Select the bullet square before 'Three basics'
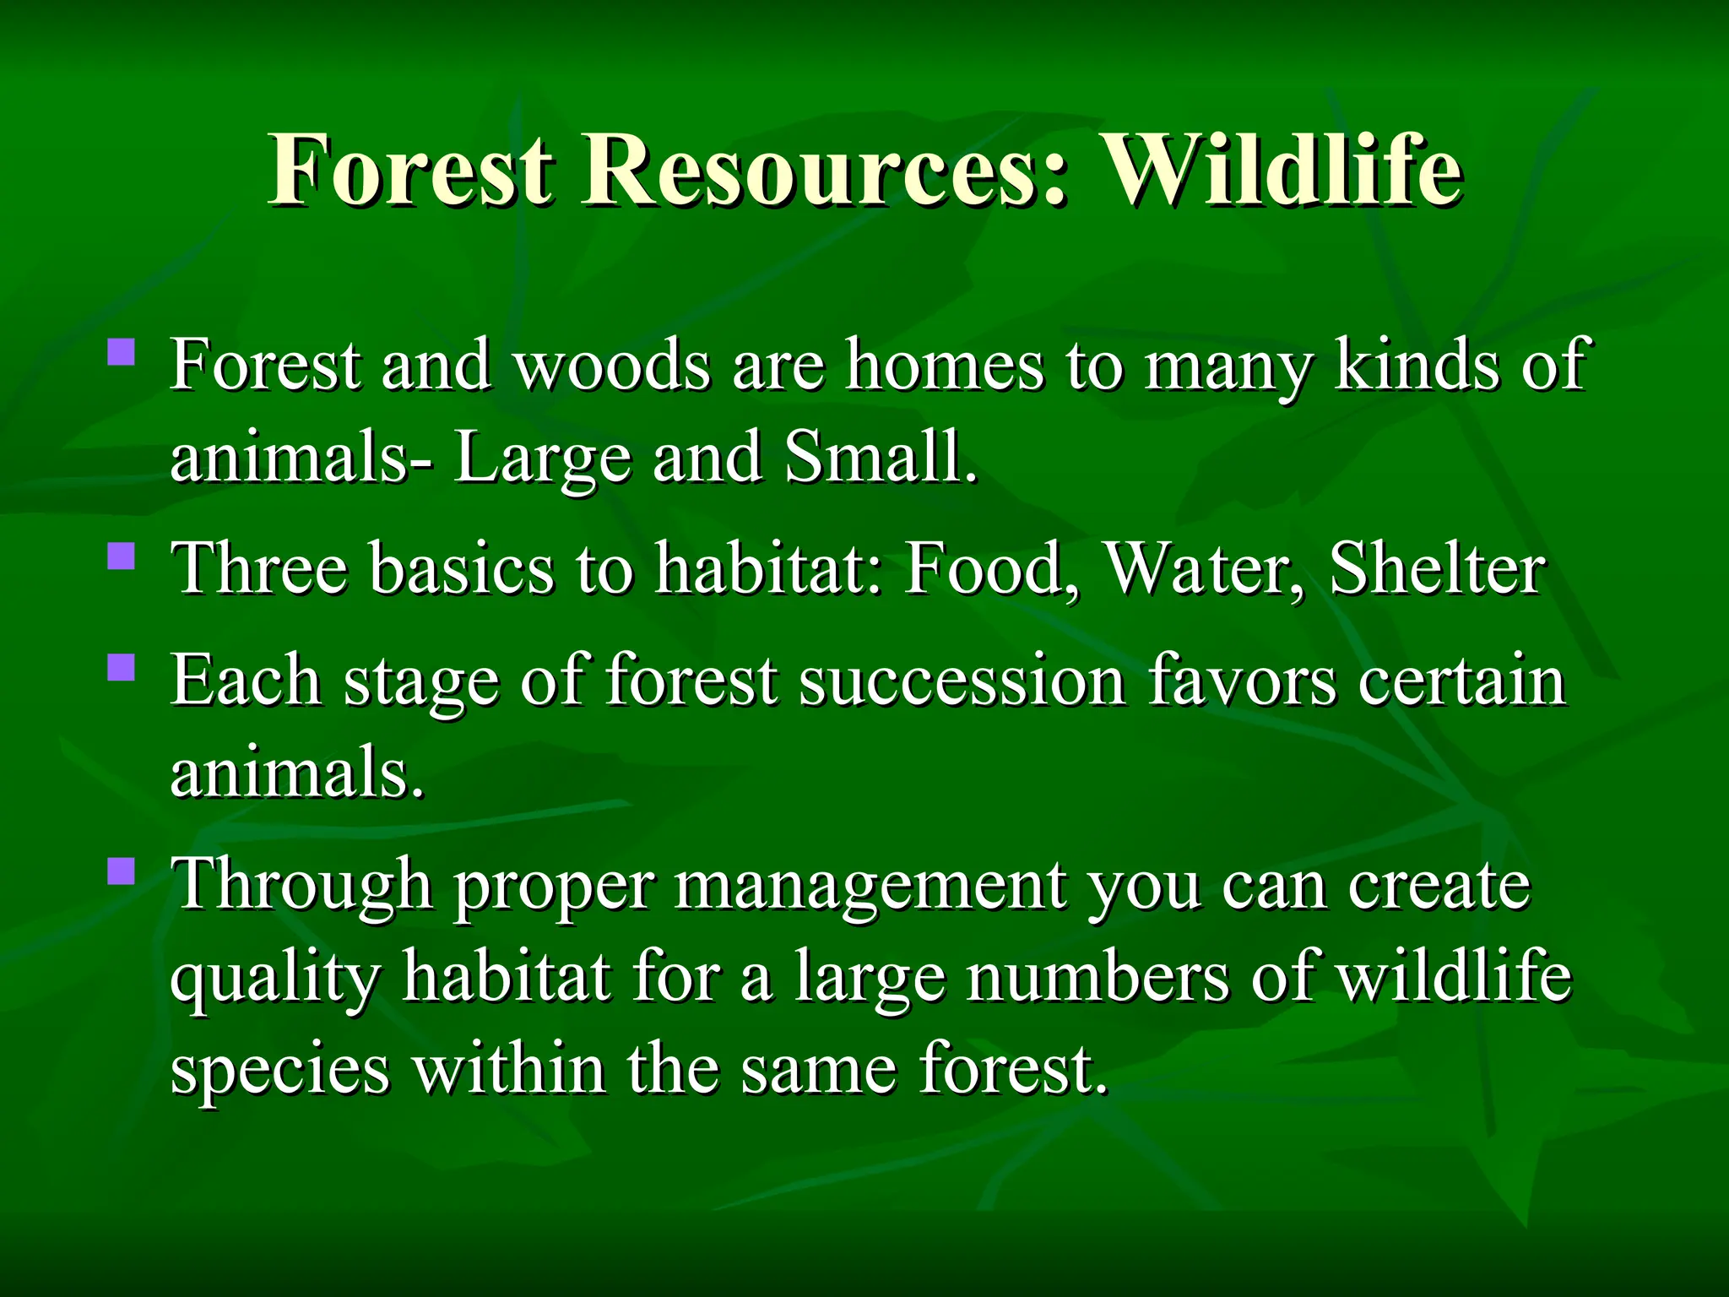click(x=122, y=556)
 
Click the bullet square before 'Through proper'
click(x=122, y=871)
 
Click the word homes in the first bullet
click(x=945, y=365)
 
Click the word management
click(x=870, y=887)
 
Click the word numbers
click(x=1098, y=977)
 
